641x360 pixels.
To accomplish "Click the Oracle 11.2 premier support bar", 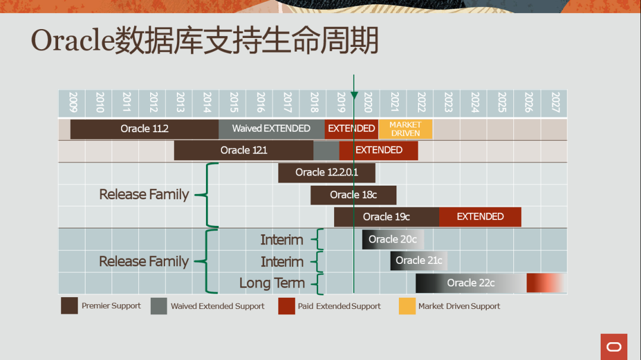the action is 144,129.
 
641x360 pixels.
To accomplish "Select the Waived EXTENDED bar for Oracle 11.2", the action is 271,129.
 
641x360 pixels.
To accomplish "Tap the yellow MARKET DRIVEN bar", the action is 405,129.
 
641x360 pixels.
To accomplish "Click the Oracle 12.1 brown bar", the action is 244,151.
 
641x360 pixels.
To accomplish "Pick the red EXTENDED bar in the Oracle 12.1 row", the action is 379,151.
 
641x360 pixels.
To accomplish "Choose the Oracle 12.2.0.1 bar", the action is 326,173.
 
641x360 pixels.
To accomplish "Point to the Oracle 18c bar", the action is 353,195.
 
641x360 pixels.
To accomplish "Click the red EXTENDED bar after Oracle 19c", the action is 480,216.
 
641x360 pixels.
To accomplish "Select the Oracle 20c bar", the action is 393,239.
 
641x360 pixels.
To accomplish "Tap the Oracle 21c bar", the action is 418,261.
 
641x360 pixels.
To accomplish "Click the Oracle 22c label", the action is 471,283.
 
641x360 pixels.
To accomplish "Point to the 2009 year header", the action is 73,103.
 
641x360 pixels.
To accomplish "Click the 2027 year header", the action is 555,103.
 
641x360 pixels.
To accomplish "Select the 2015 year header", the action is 233,103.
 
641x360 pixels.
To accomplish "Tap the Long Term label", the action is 272,283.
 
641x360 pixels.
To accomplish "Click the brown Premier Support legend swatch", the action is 69,305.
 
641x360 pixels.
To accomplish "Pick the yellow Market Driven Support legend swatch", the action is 407,306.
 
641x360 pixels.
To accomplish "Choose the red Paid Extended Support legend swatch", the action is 287,306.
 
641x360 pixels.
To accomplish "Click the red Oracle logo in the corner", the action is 614,347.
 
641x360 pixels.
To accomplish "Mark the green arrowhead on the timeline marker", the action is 354,95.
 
